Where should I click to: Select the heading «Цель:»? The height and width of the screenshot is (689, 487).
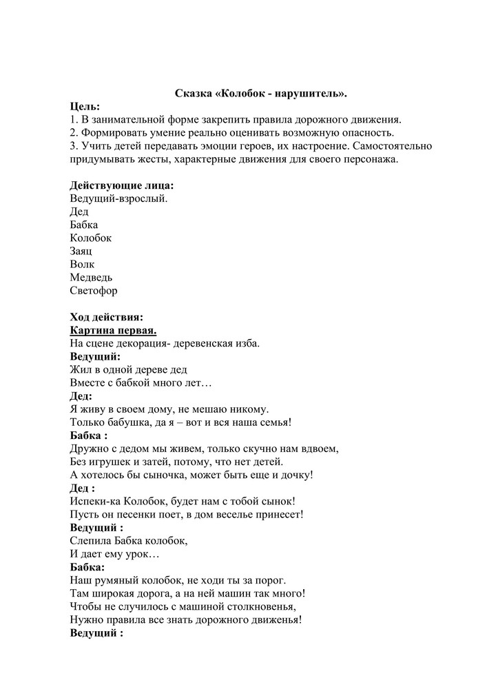coord(85,106)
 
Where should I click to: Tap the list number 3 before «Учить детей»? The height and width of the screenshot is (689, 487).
coord(73,146)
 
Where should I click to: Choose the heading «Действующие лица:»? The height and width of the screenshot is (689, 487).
coord(121,185)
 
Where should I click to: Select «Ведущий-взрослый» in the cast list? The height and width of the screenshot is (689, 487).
coord(118,198)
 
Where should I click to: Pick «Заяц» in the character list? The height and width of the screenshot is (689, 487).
coord(81,251)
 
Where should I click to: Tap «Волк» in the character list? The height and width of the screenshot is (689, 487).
coord(82,265)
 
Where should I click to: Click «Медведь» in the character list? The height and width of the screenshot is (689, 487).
coord(91,278)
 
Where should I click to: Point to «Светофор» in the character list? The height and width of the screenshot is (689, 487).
coord(94,291)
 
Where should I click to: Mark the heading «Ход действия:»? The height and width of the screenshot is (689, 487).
coord(107,317)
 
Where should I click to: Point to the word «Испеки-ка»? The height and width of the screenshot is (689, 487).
coord(96,502)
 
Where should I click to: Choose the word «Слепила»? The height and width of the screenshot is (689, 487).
coord(90,541)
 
